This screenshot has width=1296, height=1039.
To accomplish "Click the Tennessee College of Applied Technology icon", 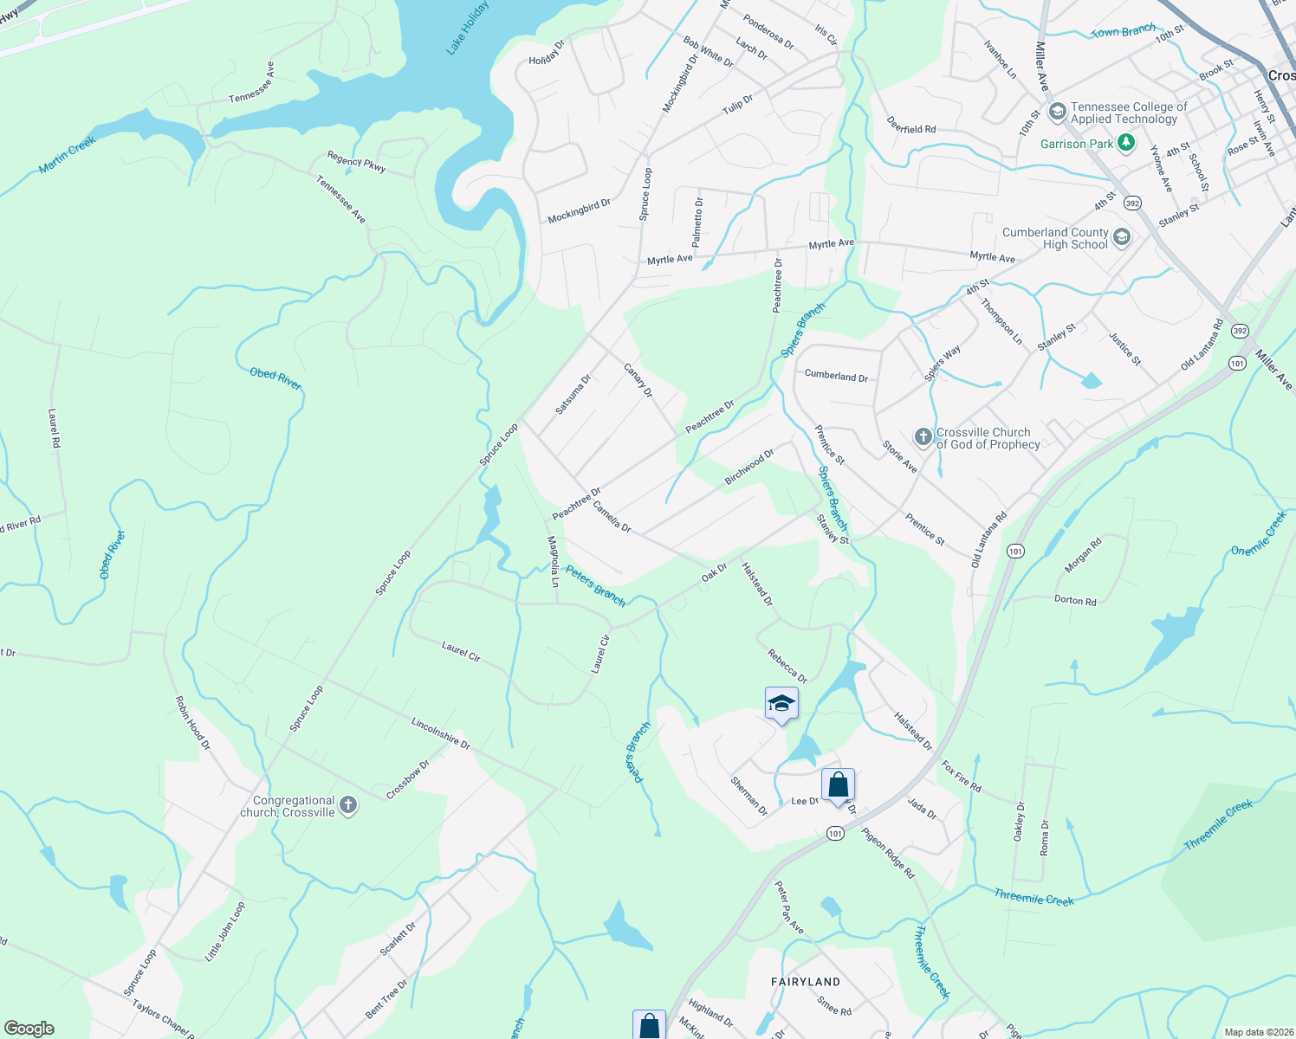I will click(1057, 113).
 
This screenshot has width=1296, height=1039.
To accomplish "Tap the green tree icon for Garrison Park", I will click(1125, 143).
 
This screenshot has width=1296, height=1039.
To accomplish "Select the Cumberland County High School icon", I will click(1122, 238).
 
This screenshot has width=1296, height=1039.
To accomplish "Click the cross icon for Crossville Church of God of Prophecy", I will click(923, 437).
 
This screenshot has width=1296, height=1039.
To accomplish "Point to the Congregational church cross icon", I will click(347, 806).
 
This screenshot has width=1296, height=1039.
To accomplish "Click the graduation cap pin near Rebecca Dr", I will click(781, 704).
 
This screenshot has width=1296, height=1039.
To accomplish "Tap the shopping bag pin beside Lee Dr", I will click(838, 785).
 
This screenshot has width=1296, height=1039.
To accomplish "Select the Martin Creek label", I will click(67, 155).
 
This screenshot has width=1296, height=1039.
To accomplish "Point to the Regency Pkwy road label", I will click(356, 162).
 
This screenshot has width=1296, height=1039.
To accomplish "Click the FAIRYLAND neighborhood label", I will click(806, 982).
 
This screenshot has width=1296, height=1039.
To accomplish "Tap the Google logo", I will click(29, 1028).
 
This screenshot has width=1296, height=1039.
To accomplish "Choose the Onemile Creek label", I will click(1259, 533).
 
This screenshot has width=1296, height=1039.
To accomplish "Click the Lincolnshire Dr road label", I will click(440, 733).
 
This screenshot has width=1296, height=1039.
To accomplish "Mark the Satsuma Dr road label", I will click(573, 394).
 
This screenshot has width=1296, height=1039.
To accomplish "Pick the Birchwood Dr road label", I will click(749, 467).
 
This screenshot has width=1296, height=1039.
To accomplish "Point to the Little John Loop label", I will click(225, 931).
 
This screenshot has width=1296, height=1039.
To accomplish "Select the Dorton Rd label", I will click(1075, 600).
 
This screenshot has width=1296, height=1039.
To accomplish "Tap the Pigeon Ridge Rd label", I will click(887, 854).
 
